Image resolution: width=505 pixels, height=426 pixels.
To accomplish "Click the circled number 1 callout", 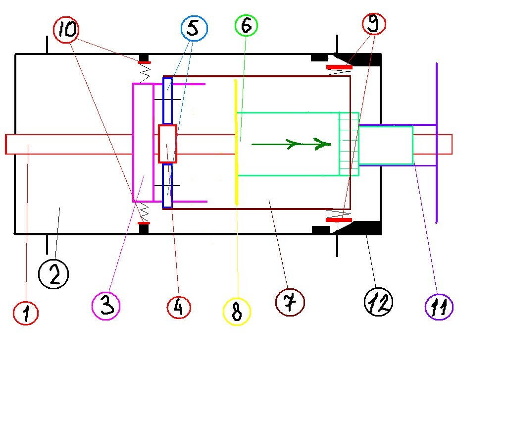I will [25, 313].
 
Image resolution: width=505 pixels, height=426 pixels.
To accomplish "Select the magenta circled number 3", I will [106, 305].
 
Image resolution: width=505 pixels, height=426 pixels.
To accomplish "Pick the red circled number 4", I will [179, 307].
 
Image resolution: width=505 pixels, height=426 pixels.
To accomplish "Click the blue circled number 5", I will [194, 28].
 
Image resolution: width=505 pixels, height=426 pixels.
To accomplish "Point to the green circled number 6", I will [246, 25].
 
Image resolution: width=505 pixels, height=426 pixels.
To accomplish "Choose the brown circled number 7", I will [290, 302].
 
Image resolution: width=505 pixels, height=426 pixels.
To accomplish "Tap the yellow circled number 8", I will [237, 312].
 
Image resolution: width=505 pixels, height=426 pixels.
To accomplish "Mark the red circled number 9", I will [374, 23].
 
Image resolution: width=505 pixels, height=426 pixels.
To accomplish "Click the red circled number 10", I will [67, 30].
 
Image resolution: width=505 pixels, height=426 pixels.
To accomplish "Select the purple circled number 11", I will [439, 307].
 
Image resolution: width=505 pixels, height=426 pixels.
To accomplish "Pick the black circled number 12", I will [379, 301].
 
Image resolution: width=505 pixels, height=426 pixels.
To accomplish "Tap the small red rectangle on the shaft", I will [167, 144].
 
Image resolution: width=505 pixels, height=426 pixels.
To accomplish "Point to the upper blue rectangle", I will [167, 101].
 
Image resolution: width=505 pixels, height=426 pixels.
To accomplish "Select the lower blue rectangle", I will [167, 186].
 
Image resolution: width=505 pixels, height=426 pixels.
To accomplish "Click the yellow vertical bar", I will [236, 141].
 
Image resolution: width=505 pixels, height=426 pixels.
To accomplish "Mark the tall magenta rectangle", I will [143, 142].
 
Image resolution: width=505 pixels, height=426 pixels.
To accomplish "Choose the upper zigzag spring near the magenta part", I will [145, 73].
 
